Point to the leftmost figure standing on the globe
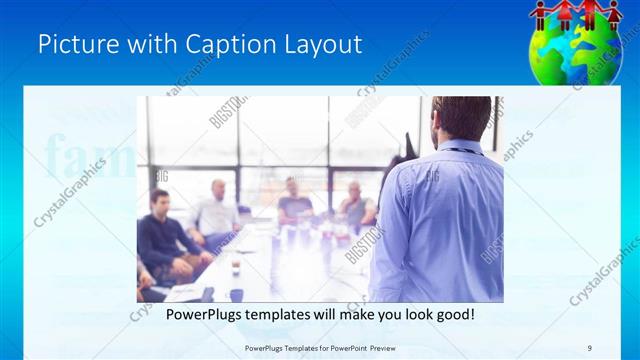click(x=541, y=15)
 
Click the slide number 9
click(x=590, y=348)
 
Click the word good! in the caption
click(x=453, y=315)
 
